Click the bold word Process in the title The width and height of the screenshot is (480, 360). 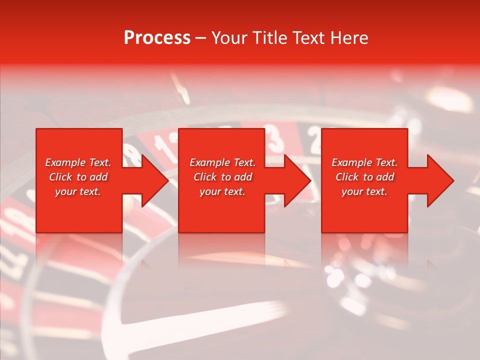pyautogui.click(x=157, y=38)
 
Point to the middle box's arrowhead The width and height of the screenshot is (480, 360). pyautogui.click(x=296, y=180)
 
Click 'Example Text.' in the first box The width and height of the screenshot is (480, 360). pyautogui.click(x=78, y=162)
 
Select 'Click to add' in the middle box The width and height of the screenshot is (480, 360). pyautogui.click(x=222, y=177)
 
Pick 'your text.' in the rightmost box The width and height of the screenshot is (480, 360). pyautogui.click(x=364, y=191)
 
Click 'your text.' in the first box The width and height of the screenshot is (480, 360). pyautogui.click(x=78, y=191)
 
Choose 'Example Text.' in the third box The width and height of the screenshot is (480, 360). pyautogui.click(x=364, y=162)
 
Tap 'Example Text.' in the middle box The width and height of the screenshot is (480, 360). pyautogui.click(x=222, y=162)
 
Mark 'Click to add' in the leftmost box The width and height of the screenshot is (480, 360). pyautogui.click(x=78, y=177)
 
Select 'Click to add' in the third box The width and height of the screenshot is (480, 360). pyautogui.click(x=364, y=177)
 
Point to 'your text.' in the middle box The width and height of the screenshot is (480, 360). pyautogui.click(x=222, y=191)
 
